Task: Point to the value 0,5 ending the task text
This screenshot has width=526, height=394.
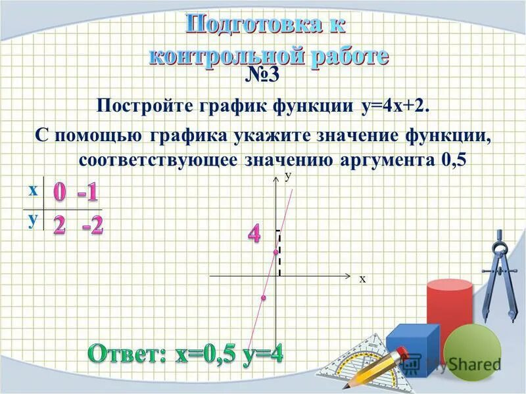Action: click(450, 161)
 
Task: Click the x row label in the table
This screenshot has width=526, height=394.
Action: click(32, 190)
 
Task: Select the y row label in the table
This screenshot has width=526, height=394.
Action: click(32, 219)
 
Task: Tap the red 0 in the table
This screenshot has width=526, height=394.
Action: click(60, 192)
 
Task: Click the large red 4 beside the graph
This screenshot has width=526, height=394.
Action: click(254, 234)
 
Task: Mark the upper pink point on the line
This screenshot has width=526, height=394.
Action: click(275, 252)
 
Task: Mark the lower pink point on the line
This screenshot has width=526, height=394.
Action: click(262, 298)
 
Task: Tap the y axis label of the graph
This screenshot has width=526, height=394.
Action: click(287, 175)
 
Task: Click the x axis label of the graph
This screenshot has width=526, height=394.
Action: click(362, 279)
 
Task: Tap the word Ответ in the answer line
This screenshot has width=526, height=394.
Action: click(130, 355)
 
